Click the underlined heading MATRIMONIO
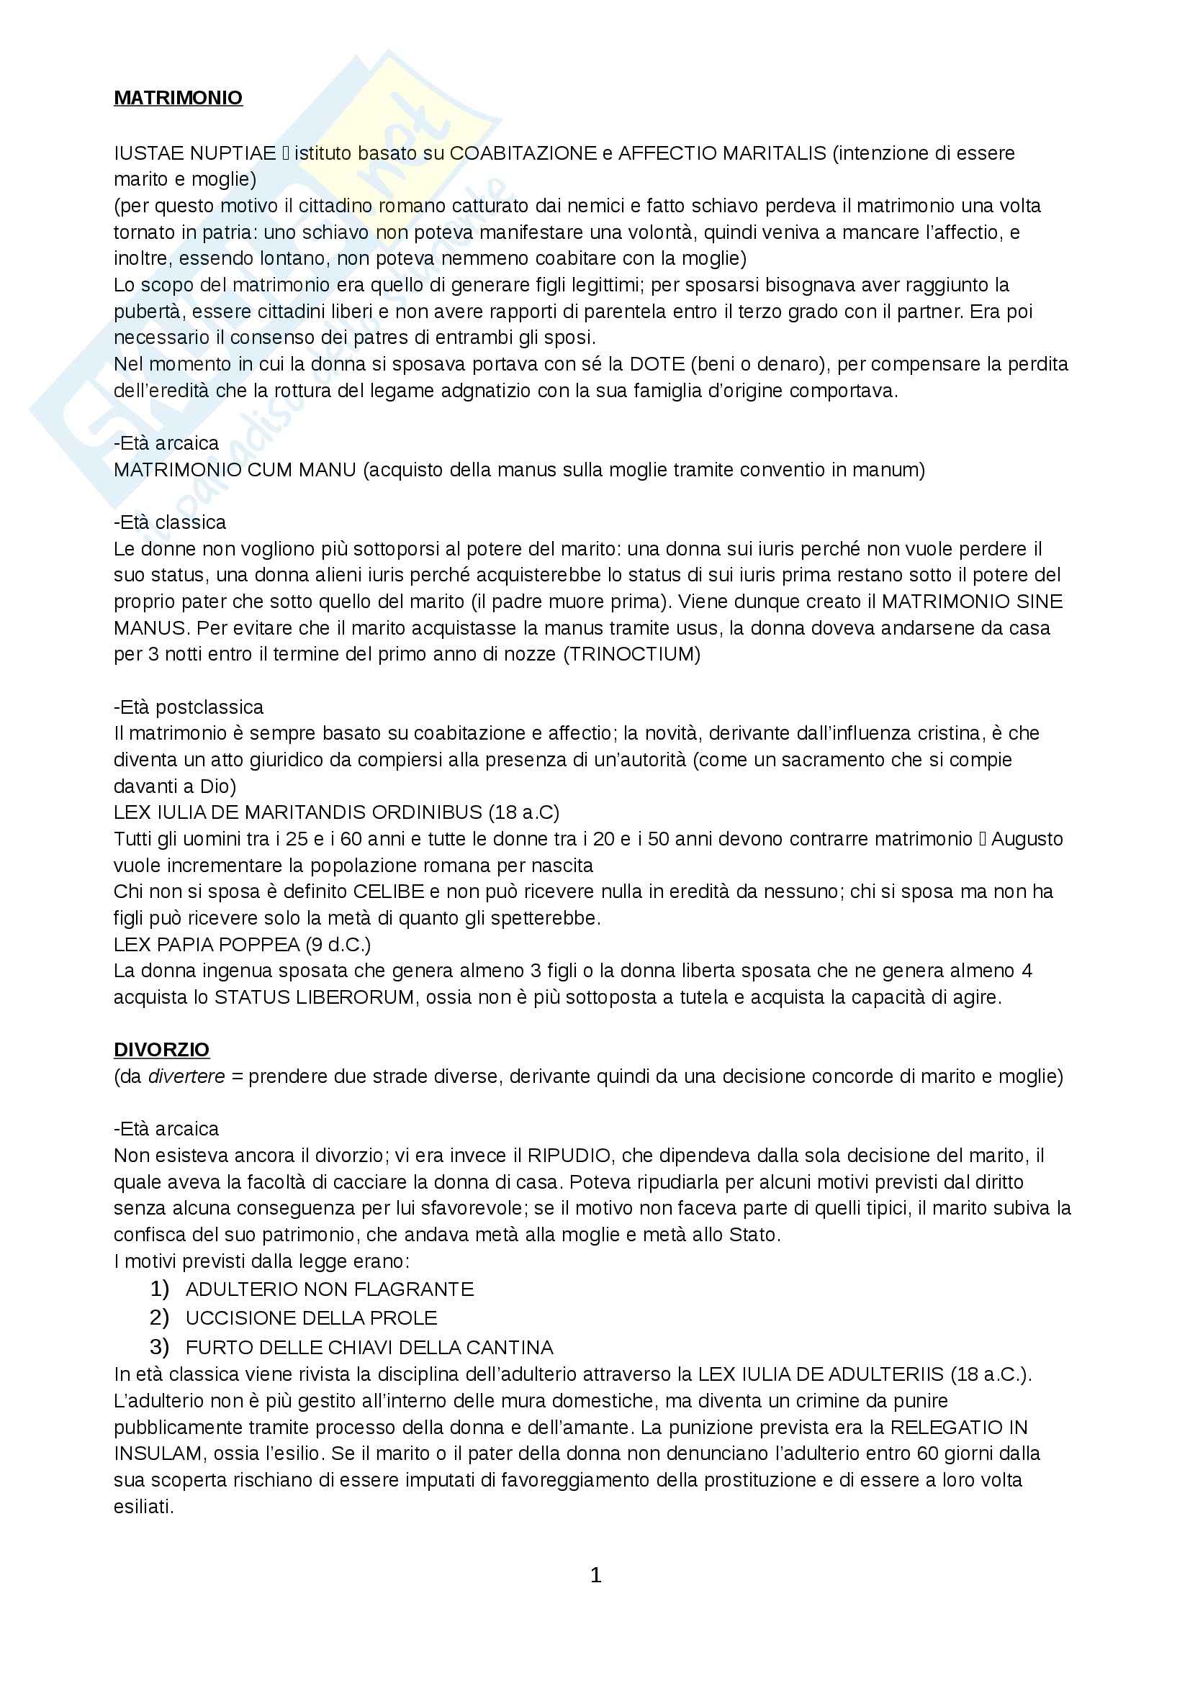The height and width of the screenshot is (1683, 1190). click(178, 99)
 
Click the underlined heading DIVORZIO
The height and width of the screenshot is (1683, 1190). click(161, 1050)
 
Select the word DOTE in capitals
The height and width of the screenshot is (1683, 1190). click(657, 364)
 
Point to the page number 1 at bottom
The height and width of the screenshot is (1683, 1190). click(595, 1574)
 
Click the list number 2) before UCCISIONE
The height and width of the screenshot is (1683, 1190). click(159, 1318)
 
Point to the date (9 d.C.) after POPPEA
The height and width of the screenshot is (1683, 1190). click(338, 944)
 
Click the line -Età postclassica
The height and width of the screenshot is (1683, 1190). click(189, 707)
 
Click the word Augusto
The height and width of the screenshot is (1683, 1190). click(1027, 838)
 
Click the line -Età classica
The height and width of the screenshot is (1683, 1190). click(170, 522)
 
